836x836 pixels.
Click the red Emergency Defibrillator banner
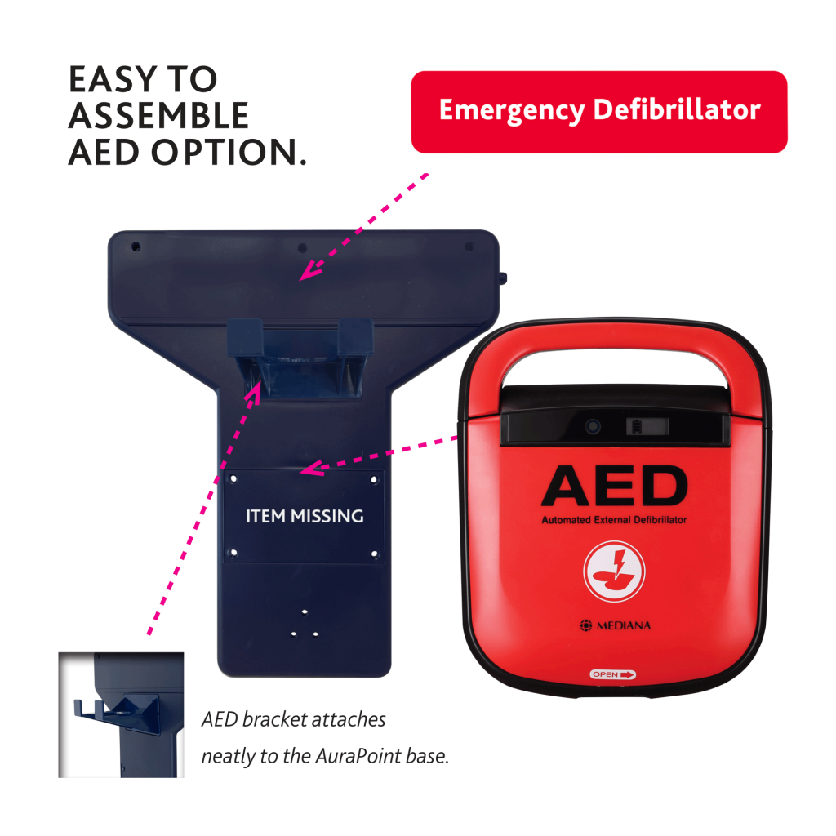pyautogui.click(x=598, y=112)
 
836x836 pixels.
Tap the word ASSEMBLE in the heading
pyautogui.click(x=158, y=116)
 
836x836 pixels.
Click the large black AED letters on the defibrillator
pyautogui.click(x=614, y=486)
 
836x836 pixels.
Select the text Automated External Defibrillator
pyautogui.click(x=614, y=520)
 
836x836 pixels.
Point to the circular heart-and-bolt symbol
pyautogui.click(x=614, y=571)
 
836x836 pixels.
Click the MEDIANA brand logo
pyautogui.click(x=616, y=625)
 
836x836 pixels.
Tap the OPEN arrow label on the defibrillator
pyautogui.click(x=612, y=674)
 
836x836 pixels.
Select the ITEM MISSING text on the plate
pyautogui.click(x=305, y=516)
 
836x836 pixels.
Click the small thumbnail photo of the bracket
pyautogui.click(x=121, y=714)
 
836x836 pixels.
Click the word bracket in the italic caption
pyautogui.click(x=274, y=719)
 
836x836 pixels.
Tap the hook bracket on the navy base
pyautogui.click(x=300, y=358)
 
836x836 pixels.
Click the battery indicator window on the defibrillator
pyautogui.click(x=647, y=426)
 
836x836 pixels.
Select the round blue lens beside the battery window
pyautogui.click(x=593, y=426)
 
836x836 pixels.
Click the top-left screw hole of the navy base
pyautogui.click(x=136, y=247)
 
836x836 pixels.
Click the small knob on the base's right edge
pyautogui.click(x=503, y=278)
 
